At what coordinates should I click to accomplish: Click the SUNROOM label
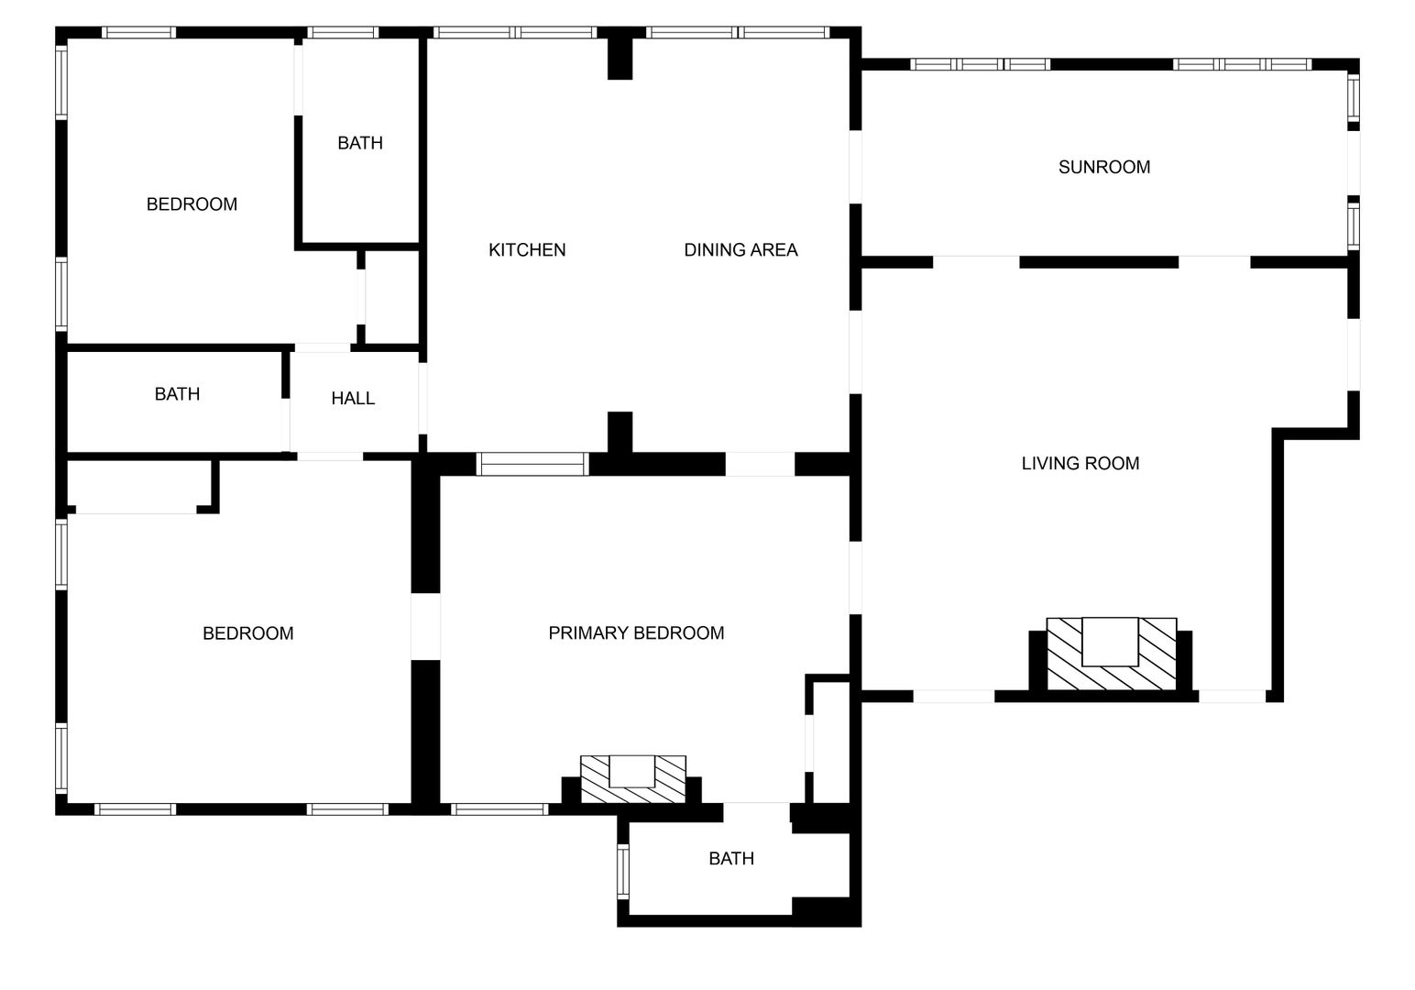click(1103, 168)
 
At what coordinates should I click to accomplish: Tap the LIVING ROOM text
click(1080, 464)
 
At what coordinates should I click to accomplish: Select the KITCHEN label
click(527, 250)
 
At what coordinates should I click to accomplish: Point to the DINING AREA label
click(740, 250)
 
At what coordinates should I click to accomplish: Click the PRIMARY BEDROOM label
click(636, 633)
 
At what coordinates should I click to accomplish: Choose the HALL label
click(353, 399)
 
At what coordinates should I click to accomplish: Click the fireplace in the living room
click(1111, 654)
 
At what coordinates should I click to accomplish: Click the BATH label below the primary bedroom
click(731, 859)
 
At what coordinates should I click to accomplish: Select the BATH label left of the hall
click(177, 394)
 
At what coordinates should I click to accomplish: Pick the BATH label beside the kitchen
click(360, 143)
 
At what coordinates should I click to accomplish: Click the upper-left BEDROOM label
click(192, 204)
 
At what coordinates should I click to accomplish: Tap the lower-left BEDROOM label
click(247, 633)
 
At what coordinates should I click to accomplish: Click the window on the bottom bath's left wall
click(623, 872)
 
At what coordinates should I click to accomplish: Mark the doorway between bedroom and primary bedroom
click(426, 627)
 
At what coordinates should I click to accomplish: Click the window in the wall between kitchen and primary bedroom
click(532, 465)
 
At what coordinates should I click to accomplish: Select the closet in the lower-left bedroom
click(139, 487)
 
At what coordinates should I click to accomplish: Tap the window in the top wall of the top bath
click(343, 33)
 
